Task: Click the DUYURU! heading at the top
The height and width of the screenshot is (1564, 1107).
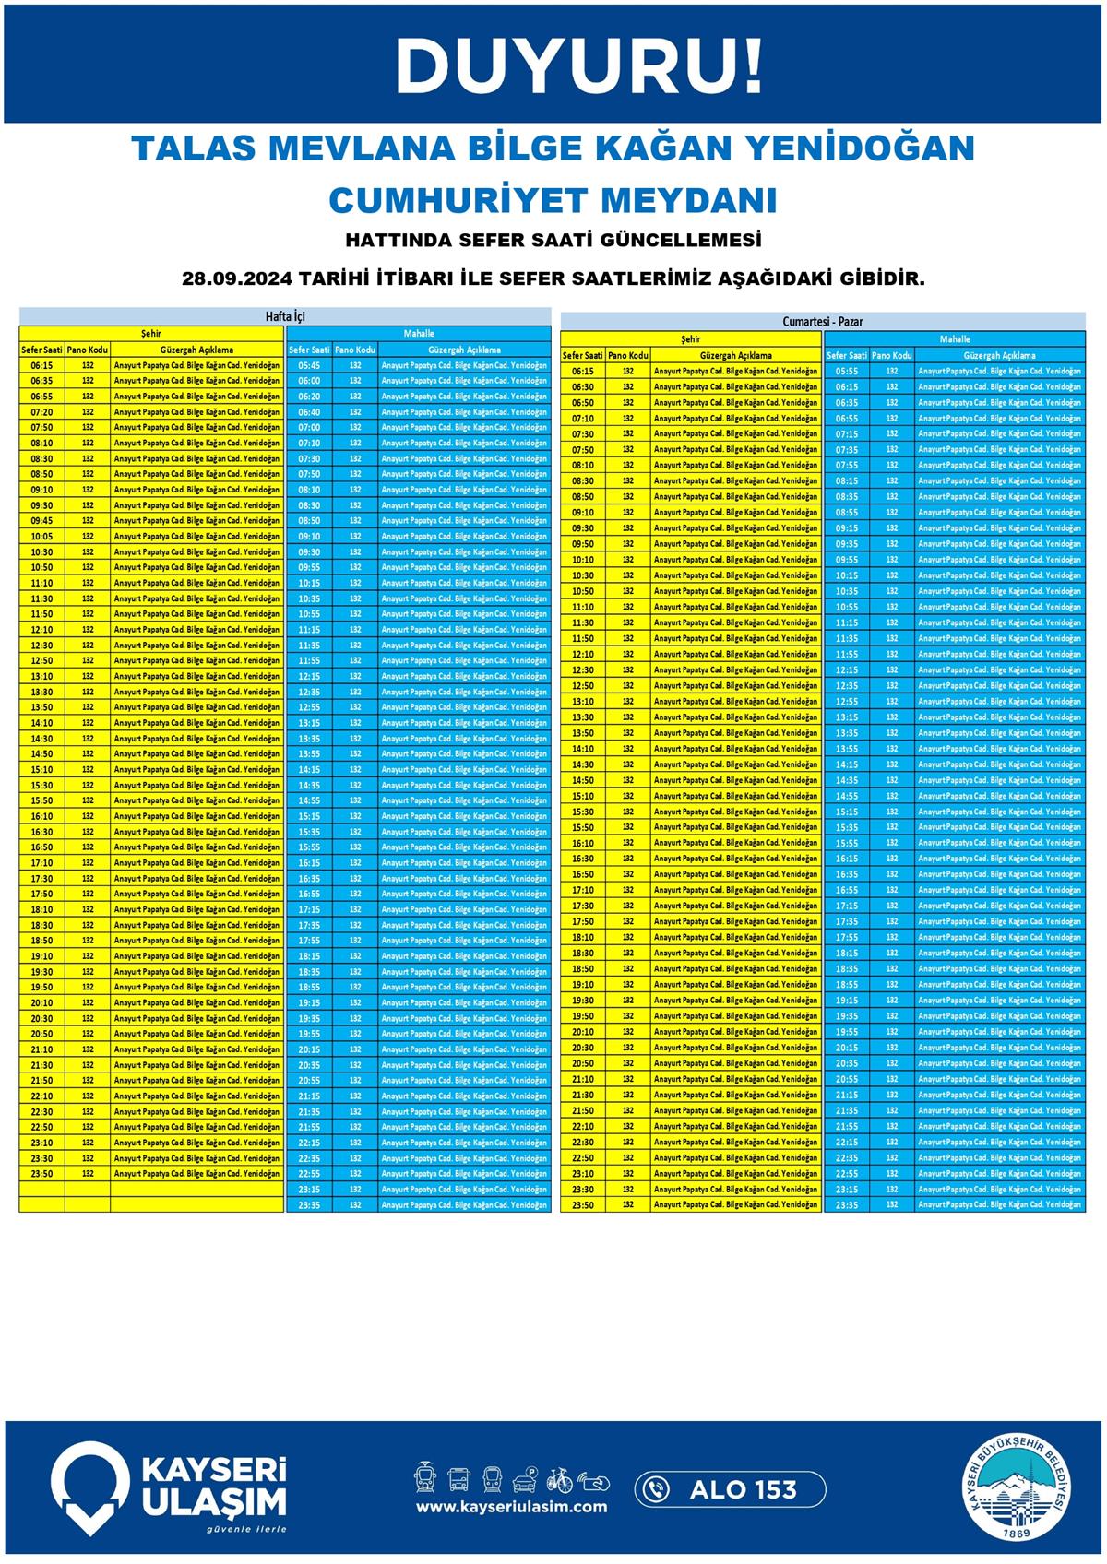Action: click(579, 66)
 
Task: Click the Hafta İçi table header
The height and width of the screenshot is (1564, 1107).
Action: click(285, 316)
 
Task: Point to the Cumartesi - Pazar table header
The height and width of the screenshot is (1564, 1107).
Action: click(822, 322)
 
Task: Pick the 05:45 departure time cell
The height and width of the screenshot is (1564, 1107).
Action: click(309, 365)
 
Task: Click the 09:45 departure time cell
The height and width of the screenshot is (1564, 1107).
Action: click(42, 521)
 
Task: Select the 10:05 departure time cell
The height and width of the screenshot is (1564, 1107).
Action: click(42, 537)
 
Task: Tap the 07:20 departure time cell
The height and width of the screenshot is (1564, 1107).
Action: click(42, 412)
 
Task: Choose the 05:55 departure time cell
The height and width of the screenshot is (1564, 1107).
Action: click(846, 372)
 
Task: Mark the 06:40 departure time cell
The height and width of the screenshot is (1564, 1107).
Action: click(309, 412)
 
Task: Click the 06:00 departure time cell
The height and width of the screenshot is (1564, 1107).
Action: click(309, 381)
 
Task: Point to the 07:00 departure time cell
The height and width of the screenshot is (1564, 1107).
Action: click(309, 428)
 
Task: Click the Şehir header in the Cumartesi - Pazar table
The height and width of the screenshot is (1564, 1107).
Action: click(690, 339)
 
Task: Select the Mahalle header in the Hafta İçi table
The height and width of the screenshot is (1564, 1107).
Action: click(418, 333)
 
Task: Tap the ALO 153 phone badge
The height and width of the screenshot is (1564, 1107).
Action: click(730, 1489)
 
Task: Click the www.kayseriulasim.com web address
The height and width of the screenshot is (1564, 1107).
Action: click(511, 1507)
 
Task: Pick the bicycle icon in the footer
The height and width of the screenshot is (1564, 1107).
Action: click(559, 1480)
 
